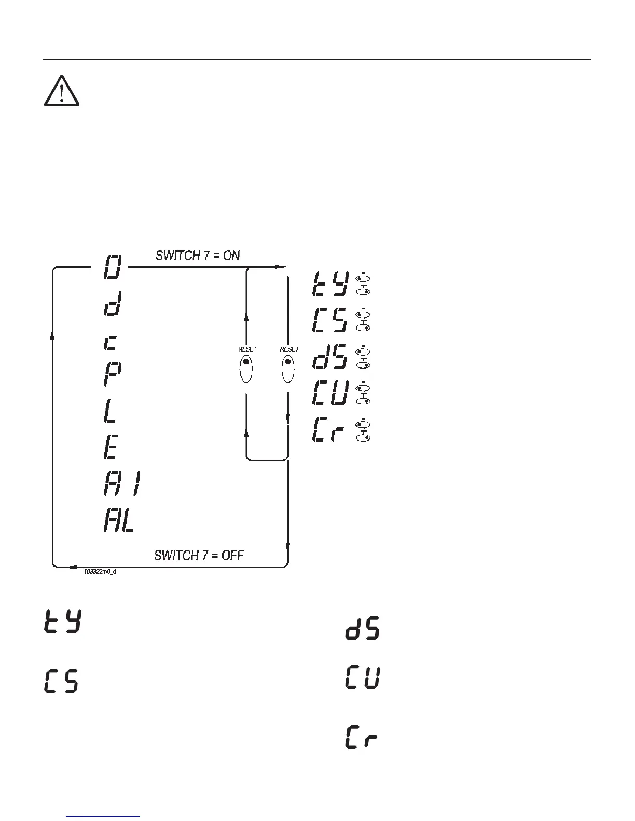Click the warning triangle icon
[61, 92]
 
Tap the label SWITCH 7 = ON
[198, 255]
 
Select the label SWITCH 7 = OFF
[199, 555]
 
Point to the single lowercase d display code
[113, 304]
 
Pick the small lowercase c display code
[111, 343]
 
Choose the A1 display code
[121, 484]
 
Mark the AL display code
[119, 520]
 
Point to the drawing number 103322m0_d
[100, 572]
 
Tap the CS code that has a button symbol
[329, 321]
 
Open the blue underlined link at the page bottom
[103, 816]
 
